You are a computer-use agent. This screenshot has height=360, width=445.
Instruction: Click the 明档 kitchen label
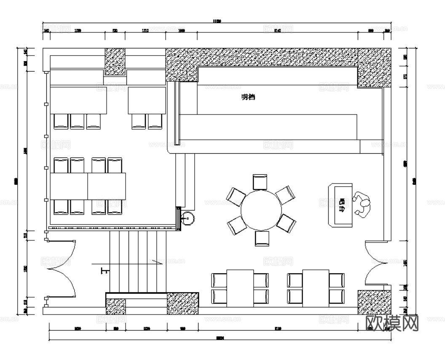point(248,97)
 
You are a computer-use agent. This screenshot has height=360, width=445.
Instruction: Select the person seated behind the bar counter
point(362,204)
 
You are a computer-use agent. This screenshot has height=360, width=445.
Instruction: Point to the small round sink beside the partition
point(187,218)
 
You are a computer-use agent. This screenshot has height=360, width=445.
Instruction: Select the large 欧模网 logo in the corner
point(392,323)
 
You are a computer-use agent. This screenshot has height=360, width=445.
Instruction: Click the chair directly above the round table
point(260,182)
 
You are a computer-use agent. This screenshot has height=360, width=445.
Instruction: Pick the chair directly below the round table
point(262,238)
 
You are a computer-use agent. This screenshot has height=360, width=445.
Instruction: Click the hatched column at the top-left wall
point(115,61)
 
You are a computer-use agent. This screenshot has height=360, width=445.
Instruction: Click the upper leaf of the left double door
point(62,254)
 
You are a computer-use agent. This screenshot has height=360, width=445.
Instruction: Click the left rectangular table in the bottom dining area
point(240,288)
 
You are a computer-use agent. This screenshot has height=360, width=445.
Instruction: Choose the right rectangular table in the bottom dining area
point(316,288)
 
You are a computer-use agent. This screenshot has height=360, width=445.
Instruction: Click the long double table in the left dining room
point(88,186)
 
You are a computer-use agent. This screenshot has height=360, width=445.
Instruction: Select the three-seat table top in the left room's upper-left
point(78,100)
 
